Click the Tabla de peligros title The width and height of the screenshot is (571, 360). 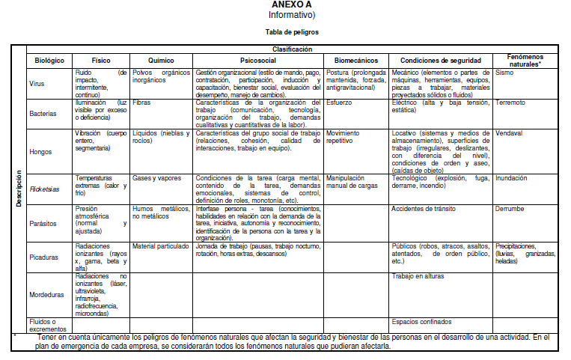(292, 33)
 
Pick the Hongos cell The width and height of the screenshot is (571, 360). (40, 151)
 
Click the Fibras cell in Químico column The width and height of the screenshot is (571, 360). (142, 103)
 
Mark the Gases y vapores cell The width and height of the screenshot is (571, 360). (156, 179)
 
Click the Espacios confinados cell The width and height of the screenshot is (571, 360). (421, 321)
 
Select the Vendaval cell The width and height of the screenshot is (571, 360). (509, 133)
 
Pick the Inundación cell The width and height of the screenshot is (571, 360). (511, 179)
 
